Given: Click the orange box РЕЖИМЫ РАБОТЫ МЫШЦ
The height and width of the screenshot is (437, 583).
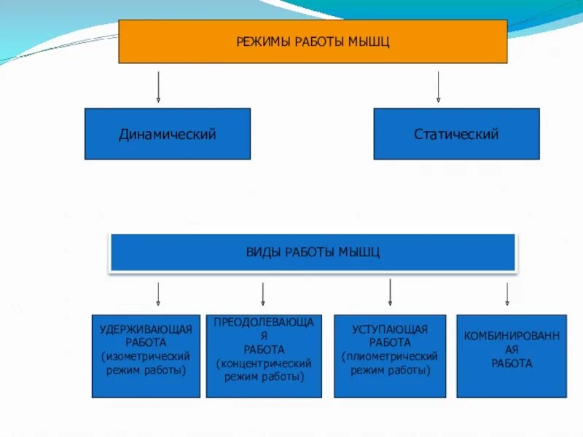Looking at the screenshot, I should (313, 41).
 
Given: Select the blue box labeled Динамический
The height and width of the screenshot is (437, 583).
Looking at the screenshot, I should (168, 134).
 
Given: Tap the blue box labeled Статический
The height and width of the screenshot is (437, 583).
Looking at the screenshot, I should (456, 134).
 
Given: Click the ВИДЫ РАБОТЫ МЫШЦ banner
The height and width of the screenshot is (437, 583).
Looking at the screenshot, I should (313, 252).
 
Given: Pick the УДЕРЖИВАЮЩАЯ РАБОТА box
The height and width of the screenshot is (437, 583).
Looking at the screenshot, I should (146, 356).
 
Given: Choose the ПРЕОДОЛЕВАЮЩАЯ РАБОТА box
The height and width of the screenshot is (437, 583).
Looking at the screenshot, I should (264, 356).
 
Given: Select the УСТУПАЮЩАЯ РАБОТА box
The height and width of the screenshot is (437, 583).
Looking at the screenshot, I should (390, 356).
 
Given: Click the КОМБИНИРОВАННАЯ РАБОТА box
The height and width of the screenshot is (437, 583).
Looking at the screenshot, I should (512, 356).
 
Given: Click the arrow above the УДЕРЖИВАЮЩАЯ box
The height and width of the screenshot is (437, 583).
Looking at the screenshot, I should (158, 294).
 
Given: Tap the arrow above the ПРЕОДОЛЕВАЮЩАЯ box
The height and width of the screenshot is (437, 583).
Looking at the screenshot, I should (263, 294).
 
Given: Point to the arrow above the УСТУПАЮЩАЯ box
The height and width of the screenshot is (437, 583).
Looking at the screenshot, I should (391, 291).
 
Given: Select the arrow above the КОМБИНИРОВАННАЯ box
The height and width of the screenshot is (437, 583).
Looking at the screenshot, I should (507, 294).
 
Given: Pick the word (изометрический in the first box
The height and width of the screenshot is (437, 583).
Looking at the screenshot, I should (146, 356).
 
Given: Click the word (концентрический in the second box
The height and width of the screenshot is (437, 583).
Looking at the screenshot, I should (264, 363).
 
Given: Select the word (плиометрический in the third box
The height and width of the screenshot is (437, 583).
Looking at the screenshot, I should (390, 356).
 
